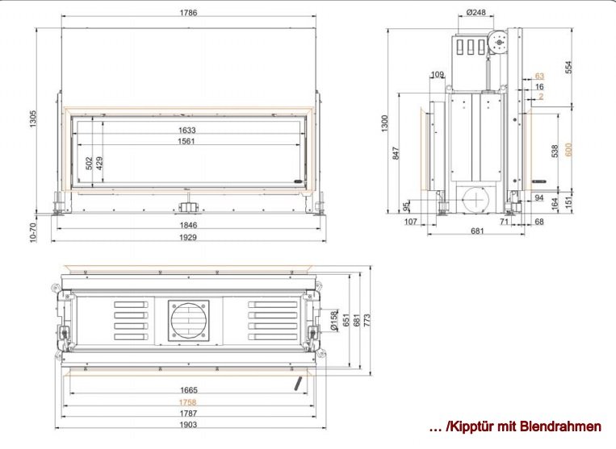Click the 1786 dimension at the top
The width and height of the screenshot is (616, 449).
pyautogui.click(x=188, y=13)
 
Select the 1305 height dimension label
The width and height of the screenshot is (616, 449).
pyautogui.click(x=33, y=118)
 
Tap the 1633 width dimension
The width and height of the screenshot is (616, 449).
pyautogui.click(x=186, y=131)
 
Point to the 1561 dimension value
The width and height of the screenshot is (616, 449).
pyautogui.click(x=186, y=141)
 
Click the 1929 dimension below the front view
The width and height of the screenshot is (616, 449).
pyautogui.click(x=188, y=237)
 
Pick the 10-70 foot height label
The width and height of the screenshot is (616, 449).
pyautogui.click(x=33, y=232)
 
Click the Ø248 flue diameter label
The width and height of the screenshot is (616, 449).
pyautogui.click(x=476, y=13)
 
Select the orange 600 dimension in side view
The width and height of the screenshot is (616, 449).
pyautogui.click(x=568, y=149)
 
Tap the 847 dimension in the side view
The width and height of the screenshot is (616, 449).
pyautogui.click(x=396, y=153)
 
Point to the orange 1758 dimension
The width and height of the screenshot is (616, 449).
pyautogui.click(x=188, y=402)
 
